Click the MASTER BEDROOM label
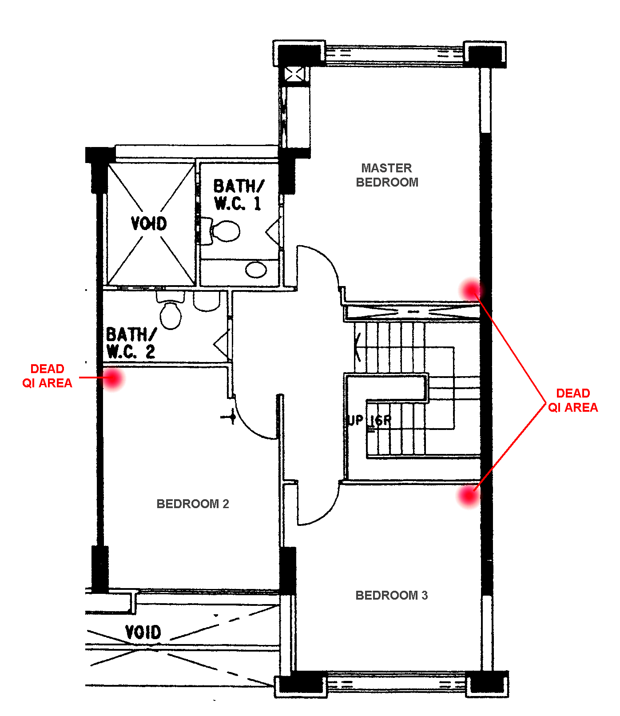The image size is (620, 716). pyautogui.click(x=387, y=175)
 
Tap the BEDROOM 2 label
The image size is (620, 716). pyautogui.click(x=193, y=504)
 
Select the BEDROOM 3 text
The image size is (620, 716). pyautogui.click(x=391, y=595)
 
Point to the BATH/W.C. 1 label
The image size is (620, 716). pyautogui.click(x=238, y=195)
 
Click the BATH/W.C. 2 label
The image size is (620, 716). pyautogui.click(x=131, y=343)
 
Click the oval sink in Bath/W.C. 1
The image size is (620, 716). pyautogui.click(x=256, y=270)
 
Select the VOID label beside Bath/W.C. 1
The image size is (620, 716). pyautogui.click(x=149, y=223)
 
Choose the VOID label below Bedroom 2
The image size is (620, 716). pyautogui.click(x=143, y=632)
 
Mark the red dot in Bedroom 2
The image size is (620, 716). pyautogui.click(x=113, y=379)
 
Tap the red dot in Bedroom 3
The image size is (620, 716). pyautogui.click(x=469, y=496)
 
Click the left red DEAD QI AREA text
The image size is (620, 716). pyautogui.click(x=47, y=376)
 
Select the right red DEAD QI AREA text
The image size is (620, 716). pyautogui.click(x=573, y=400)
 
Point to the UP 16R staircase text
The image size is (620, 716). pyautogui.click(x=369, y=420)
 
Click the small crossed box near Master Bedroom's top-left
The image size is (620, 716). pyautogui.click(x=294, y=74)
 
